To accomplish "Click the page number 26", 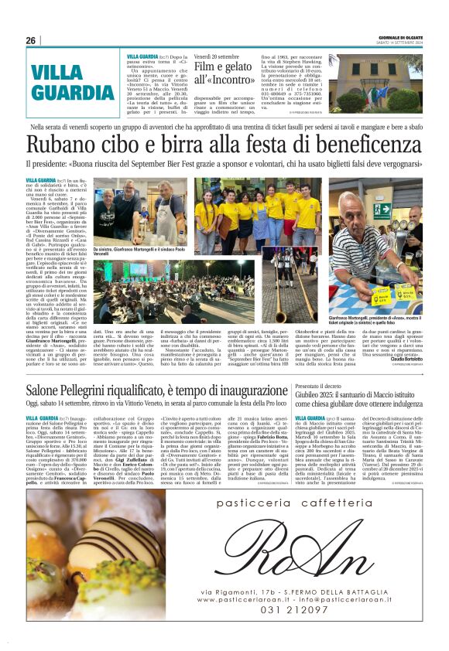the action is (30, 40).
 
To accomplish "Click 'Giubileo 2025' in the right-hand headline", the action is (317, 396).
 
